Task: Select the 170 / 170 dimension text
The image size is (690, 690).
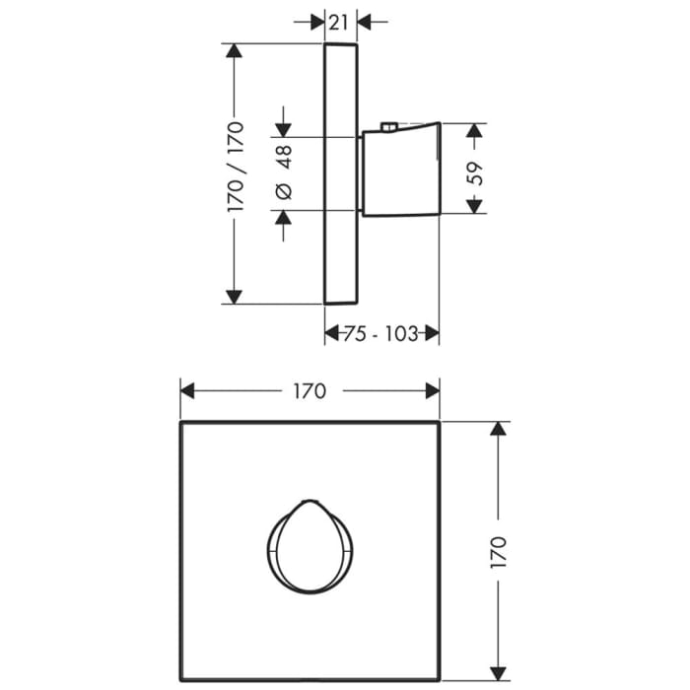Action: click(236, 168)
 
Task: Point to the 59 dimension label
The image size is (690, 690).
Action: click(475, 173)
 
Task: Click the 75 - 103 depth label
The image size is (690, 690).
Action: click(381, 334)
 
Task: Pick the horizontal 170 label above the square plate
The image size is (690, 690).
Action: click(309, 391)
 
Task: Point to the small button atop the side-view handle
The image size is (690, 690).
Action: click(387, 126)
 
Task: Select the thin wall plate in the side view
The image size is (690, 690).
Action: click(340, 173)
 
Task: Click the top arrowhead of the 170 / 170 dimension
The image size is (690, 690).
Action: click(235, 52)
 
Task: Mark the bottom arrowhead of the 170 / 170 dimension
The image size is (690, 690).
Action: click(235, 295)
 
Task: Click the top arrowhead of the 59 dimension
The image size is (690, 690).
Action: click(475, 131)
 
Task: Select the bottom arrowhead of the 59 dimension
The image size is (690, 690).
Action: click(475, 205)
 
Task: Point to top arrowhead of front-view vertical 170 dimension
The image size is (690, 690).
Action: click(498, 431)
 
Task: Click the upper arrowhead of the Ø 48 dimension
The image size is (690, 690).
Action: click(285, 128)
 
